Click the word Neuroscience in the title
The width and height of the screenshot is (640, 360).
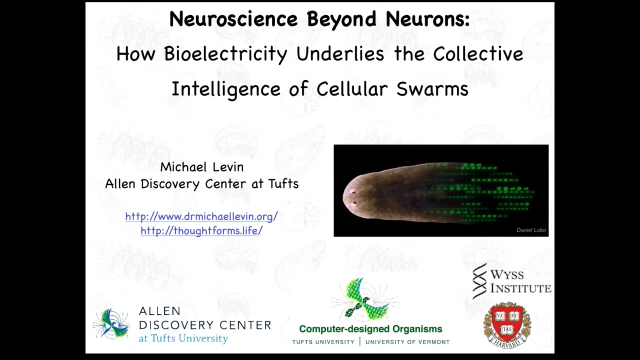click(233, 19)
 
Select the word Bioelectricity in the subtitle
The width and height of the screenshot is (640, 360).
click(225, 53)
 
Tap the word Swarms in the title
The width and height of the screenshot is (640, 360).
click(432, 89)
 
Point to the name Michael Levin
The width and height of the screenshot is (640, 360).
click(201, 167)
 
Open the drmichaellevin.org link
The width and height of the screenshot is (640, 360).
click(201, 216)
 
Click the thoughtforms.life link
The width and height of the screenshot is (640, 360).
click(201, 230)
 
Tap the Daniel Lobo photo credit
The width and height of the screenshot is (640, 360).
click(531, 230)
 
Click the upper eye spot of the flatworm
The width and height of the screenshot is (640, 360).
click(353, 192)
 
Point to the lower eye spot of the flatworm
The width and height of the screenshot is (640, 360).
click(354, 203)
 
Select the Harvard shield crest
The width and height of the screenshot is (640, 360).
click(507, 325)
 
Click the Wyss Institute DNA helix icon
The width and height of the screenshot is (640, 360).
click(479, 281)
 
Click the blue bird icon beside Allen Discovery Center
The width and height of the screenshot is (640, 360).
click(111, 323)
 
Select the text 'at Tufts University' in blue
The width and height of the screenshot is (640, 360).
click(183, 338)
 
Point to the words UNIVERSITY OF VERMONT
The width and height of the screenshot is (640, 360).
click(407, 342)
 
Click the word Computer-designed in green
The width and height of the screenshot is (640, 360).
click(344, 329)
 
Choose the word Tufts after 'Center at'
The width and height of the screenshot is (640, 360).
click(283, 183)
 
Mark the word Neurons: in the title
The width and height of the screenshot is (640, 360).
click(428, 19)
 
